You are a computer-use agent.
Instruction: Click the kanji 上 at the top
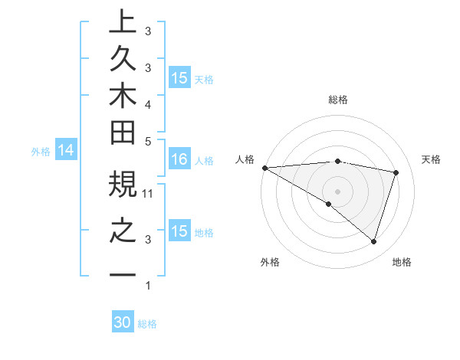(x=123, y=21)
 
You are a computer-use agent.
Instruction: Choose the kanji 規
(x=123, y=185)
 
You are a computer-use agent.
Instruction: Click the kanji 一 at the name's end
(x=123, y=275)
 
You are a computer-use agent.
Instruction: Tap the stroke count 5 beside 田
(x=149, y=141)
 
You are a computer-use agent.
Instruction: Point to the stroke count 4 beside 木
(x=148, y=104)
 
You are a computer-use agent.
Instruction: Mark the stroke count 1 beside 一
(x=148, y=286)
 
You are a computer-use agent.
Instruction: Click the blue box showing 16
(x=179, y=159)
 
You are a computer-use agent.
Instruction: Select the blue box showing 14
(x=66, y=151)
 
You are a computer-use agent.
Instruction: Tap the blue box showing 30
(x=123, y=322)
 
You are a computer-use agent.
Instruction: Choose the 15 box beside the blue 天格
(x=179, y=77)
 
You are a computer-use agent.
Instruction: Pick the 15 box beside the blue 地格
(x=179, y=231)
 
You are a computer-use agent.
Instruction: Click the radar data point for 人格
(x=264, y=167)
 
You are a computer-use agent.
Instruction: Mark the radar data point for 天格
(x=396, y=172)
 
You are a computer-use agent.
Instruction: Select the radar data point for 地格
(x=373, y=241)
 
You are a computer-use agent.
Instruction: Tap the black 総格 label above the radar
(x=338, y=100)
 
